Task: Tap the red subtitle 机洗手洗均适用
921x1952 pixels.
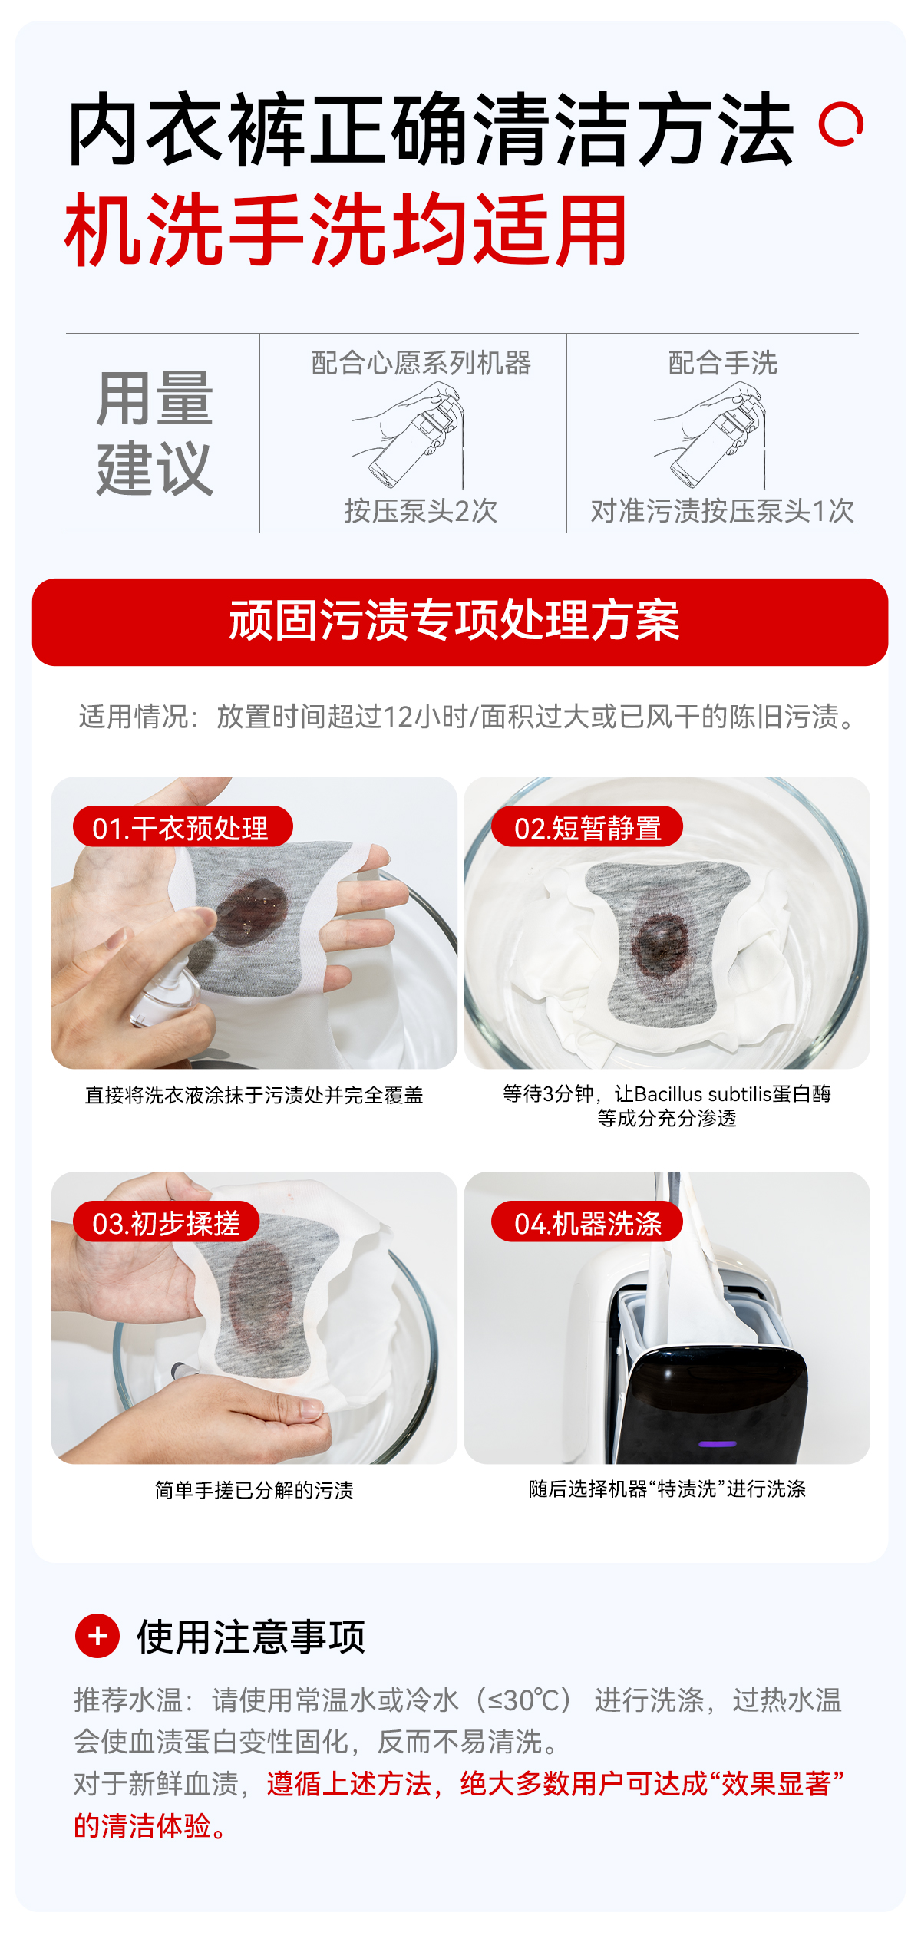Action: point(346,229)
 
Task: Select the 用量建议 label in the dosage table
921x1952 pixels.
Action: point(155,434)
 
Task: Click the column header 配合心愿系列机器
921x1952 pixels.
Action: point(421,363)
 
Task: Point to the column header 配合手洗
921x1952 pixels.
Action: point(722,363)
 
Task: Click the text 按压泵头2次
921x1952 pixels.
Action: point(421,510)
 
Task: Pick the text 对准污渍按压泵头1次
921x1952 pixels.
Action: point(722,510)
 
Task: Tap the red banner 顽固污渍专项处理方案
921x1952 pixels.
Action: point(460,622)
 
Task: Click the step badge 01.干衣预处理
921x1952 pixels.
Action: point(183,827)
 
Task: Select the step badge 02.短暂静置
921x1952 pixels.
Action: point(586,827)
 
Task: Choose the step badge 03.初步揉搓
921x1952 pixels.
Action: point(166,1222)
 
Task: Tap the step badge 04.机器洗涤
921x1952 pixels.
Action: point(586,1222)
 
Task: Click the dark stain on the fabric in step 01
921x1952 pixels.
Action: point(252,910)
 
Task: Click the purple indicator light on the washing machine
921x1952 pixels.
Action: point(718,1443)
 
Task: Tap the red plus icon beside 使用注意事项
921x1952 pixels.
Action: point(97,1636)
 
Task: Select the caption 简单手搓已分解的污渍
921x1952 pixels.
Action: point(254,1489)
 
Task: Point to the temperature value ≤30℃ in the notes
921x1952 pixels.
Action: point(525,1700)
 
